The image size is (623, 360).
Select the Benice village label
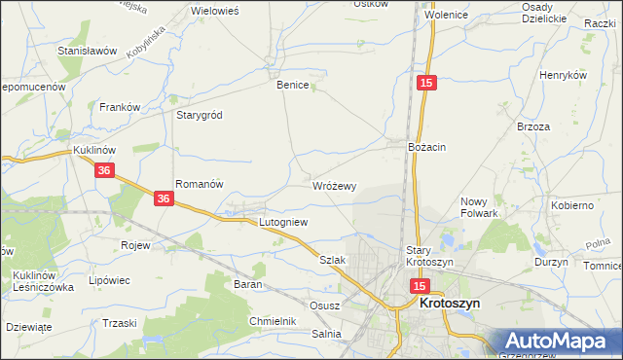point(292,85)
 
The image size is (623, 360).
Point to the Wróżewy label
point(335,185)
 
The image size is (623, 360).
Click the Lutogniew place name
point(282,222)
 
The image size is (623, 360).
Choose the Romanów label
point(200,183)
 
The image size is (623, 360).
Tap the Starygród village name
point(199,115)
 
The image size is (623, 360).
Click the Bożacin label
point(426,147)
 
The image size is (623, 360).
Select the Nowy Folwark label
point(479,207)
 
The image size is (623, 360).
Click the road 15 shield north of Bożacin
point(425,85)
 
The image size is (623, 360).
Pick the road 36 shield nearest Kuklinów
point(106,170)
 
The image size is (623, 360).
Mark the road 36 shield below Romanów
point(165,198)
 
